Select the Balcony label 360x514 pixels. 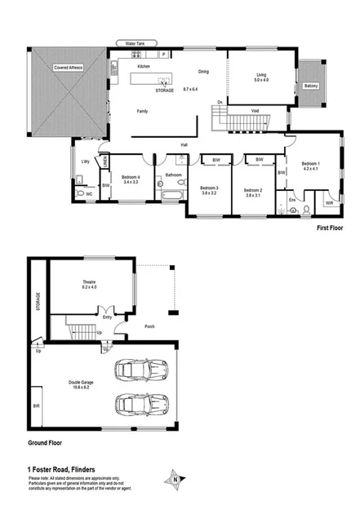click(x=311, y=86)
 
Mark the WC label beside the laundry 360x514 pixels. click(x=90, y=194)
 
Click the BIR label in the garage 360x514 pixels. click(x=36, y=404)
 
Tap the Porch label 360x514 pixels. click(x=149, y=327)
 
